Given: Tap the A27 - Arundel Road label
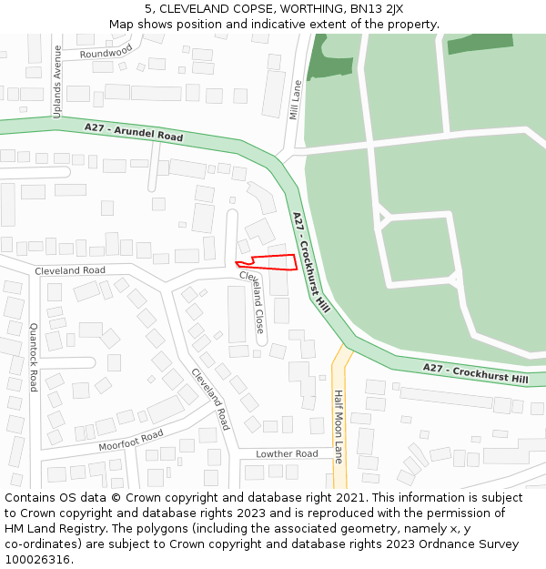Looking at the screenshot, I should coord(134,132).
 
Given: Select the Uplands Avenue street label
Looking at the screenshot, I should coord(56,81).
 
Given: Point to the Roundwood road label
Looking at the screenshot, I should coord(106,54).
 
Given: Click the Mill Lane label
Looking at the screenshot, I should coord(295,99).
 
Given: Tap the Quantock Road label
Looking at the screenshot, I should coord(34,356).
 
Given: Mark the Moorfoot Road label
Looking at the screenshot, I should coord(130,442).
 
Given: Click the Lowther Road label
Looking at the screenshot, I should coord(287,453).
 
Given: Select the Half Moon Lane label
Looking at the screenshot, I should coord(339,426).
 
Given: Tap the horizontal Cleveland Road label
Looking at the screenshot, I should coord(70,270).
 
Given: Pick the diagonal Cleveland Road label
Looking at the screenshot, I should coord(210,399).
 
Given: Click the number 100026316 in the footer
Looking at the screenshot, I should coord(38,560).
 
